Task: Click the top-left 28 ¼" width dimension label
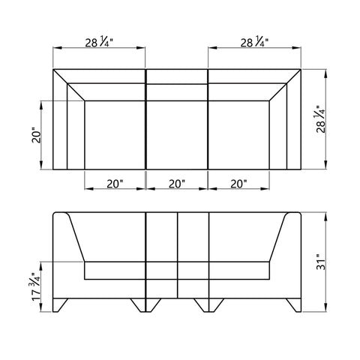point(99,42)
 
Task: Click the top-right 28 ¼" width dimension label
point(254,42)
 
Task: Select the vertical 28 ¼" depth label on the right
point(321,119)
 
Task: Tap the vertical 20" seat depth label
point(36,136)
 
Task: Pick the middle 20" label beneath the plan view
point(177,184)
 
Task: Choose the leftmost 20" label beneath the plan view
point(115,184)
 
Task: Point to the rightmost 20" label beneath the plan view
point(238,184)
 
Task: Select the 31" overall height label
point(321,262)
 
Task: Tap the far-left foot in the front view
point(59,304)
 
